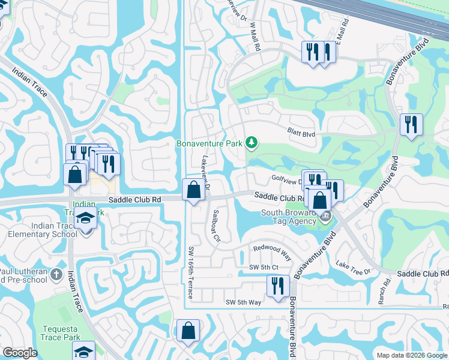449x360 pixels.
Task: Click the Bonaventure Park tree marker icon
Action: (253, 143)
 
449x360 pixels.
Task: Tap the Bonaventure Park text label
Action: (209, 143)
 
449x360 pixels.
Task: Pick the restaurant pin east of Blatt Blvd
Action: (411, 124)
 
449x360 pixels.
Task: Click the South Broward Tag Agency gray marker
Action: (325, 216)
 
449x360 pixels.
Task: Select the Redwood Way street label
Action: (272, 251)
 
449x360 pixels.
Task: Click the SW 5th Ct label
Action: (264, 266)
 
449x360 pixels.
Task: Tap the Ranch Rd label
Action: (381, 292)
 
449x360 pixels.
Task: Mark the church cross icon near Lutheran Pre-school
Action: (56, 275)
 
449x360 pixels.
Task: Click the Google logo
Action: (20, 353)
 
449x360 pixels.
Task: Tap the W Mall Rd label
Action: (255, 29)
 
